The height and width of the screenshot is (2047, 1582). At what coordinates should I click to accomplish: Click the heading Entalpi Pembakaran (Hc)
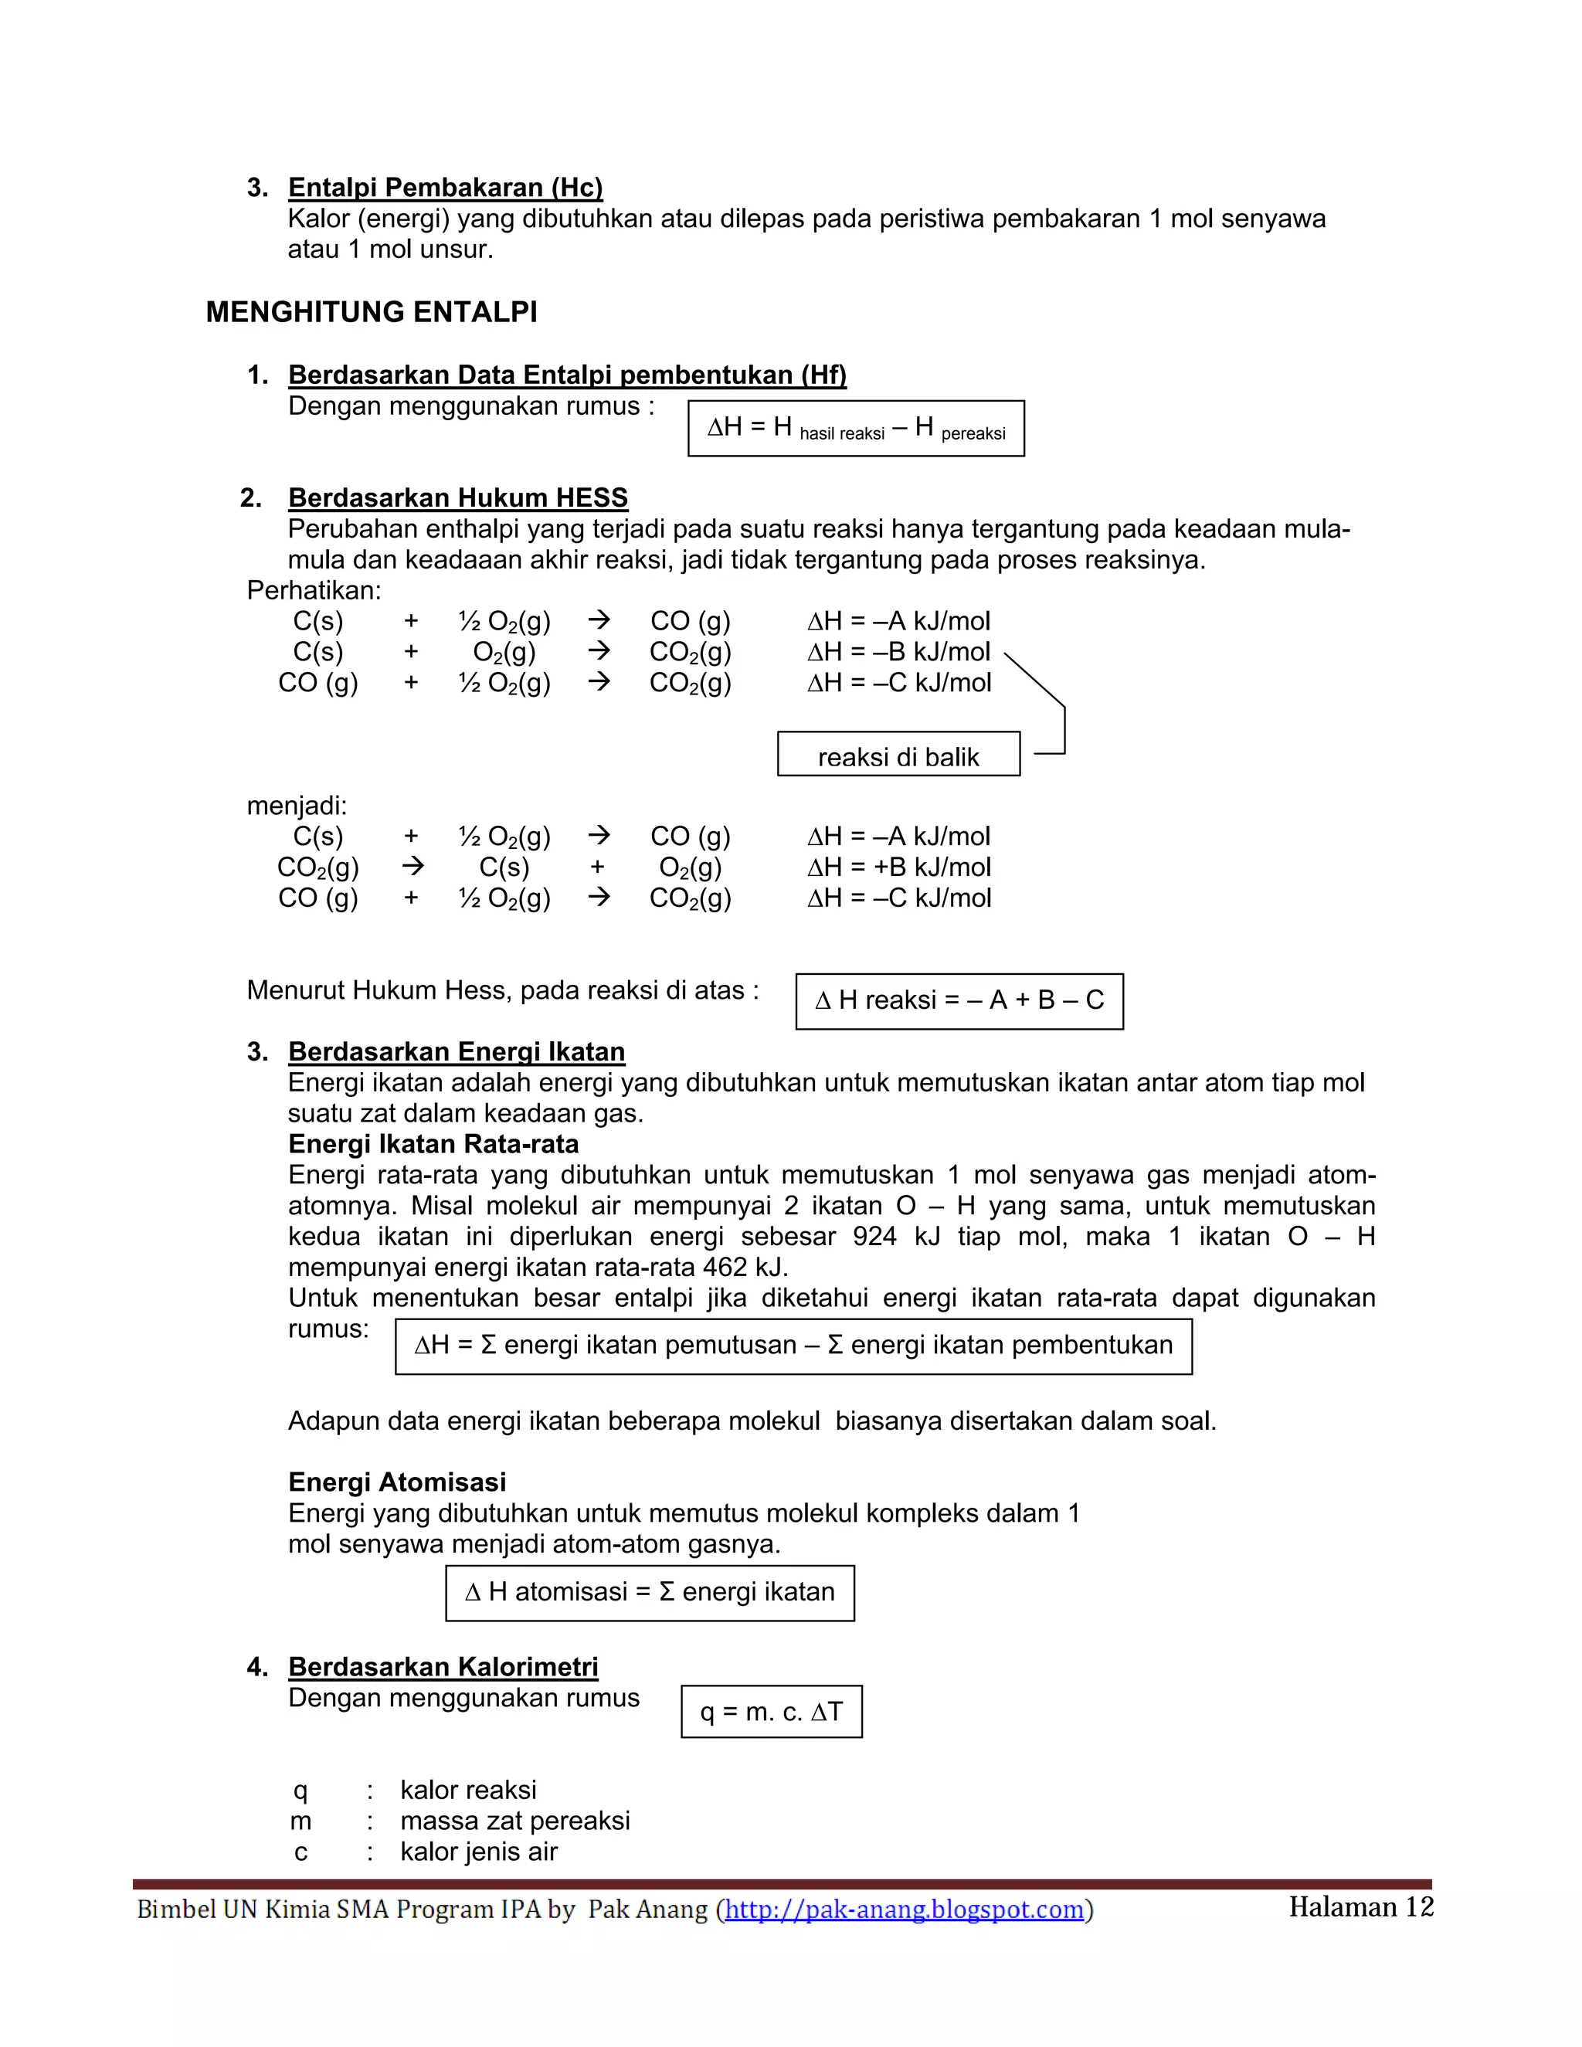[445, 188]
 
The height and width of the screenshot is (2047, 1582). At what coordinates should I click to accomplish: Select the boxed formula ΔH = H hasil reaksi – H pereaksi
[856, 429]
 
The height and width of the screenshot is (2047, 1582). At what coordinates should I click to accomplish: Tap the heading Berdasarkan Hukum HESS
[457, 497]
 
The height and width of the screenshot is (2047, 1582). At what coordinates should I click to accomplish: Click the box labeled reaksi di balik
[898, 755]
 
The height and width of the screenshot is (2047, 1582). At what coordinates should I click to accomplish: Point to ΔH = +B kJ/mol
[899, 867]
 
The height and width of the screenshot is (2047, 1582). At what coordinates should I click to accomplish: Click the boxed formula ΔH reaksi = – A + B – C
[959, 1001]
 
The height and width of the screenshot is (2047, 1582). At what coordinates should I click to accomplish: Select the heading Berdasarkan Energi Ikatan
[457, 1051]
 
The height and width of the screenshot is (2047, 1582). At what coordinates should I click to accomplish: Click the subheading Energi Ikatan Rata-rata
[433, 1145]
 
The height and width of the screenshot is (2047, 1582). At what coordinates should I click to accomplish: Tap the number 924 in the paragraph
[874, 1236]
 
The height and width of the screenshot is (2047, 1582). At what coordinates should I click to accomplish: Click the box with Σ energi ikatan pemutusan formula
[793, 1346]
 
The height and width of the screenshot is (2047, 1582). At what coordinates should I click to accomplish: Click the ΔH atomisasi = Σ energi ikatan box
[650, 1593]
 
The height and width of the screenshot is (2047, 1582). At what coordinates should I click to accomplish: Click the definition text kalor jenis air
[478, 1852]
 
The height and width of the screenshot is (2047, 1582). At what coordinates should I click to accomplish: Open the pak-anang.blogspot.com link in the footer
[905, 1910]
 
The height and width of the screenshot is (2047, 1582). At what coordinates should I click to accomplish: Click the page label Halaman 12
[1360, 1906]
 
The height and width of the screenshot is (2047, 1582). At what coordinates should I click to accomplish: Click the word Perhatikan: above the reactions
[314, 590]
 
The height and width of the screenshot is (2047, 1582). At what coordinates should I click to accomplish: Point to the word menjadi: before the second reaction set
[296, 806]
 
